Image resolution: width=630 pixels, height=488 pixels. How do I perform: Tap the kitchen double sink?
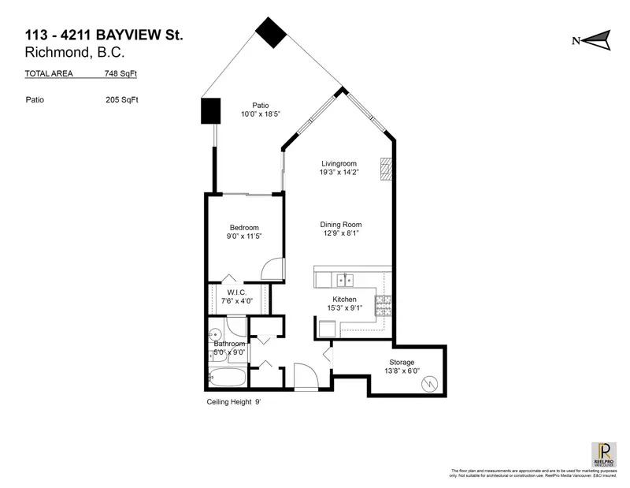click(344, 280)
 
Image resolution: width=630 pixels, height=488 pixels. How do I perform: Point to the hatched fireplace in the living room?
click(385, 169)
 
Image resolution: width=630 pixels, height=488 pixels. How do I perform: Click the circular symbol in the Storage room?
click(430, 384)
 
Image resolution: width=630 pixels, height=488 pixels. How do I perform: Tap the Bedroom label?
click(244, 228)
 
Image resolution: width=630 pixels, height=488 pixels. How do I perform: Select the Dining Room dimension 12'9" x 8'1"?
click(340, 233)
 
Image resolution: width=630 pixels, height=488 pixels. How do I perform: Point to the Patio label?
click(261, 105)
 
